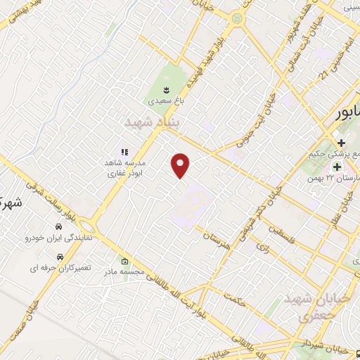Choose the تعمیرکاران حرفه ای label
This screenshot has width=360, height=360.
click(56, 268)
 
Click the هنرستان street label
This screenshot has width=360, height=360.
click(217, 238)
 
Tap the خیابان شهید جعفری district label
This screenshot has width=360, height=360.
click(305, 307)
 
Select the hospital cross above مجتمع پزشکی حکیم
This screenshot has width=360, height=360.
click(341, 143)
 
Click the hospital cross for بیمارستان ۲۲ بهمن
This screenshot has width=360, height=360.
click(337, 167)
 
